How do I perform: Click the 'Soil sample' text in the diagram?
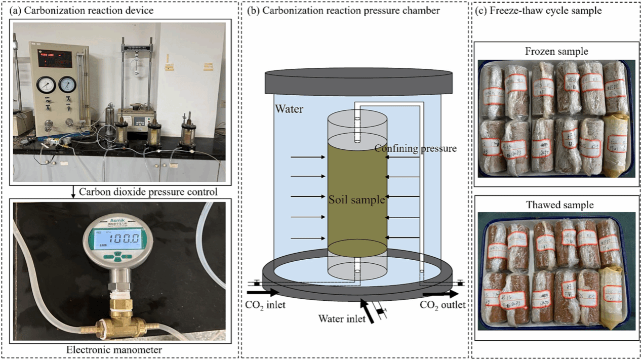(x=357, y=200)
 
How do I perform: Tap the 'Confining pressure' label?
(x=416, y=148)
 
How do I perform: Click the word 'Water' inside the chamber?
(x=289, y=109)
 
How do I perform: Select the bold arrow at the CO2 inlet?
(x=263, y=292)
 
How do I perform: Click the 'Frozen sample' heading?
(x=556, y=51)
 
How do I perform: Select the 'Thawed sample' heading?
(x=556, y=205)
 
